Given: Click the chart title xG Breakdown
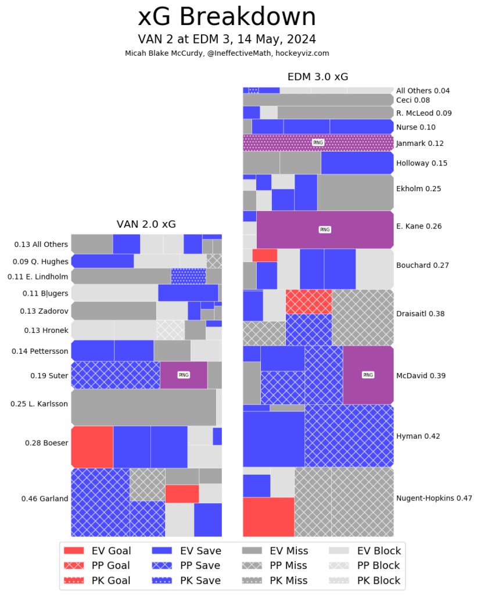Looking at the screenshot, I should pyautogui.click(x=227, y=17).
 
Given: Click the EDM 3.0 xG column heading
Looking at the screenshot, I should pyautogui.click(x=318, y=77).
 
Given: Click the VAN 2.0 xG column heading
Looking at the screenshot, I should pyautogui.click(x=146, y=224).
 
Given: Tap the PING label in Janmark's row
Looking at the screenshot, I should pyautogui.click(x=318, y=142).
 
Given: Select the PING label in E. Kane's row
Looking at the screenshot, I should pyautogui.click(x=325, y=230).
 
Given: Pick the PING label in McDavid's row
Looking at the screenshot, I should pyautogui.click(x=368, y=375).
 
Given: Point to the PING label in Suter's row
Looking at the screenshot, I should pyautogui.click(x=184, y=375).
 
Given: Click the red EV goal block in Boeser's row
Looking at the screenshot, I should pyautogui.click(x=92, y=446).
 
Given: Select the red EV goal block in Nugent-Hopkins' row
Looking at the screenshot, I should pyautogui.click(x=268, y=517).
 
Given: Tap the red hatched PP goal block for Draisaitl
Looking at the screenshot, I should pyautogui.click(x=309, y=302).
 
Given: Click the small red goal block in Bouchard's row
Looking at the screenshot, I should pyautogui.click(x=264, y=255).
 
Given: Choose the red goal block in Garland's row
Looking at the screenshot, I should pyautogui.click(x=182, y=494).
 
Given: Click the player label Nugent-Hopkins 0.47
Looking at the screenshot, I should pyautogui.click(x=434, y=498).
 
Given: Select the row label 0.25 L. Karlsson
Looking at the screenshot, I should pyautogui.click(x=39, y=403).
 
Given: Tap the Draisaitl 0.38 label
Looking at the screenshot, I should pyautogui.click(x=421, y=314).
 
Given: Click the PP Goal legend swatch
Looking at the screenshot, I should pyautogui.click(x=74, y=565).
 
